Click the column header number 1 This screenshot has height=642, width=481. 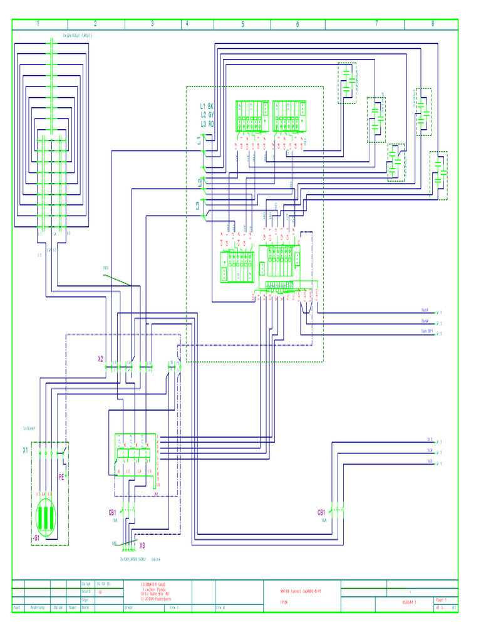[38, 24]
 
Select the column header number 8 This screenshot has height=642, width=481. [432, 24]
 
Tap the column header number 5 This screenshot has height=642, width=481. [242, 24]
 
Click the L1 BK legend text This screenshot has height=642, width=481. [207, 107]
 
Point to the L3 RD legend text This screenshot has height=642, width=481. [207, 124]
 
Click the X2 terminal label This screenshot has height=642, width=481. [100, 359]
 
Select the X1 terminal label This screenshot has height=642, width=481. [26, 450]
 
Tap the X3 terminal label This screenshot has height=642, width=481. [142, 545]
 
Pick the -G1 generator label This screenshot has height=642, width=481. [36, 538]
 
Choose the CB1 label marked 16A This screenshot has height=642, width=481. [322, 512]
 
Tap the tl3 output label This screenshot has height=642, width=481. [430, 461]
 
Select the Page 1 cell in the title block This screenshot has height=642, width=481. [440, 599]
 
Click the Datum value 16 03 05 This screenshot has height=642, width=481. [103, 583]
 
